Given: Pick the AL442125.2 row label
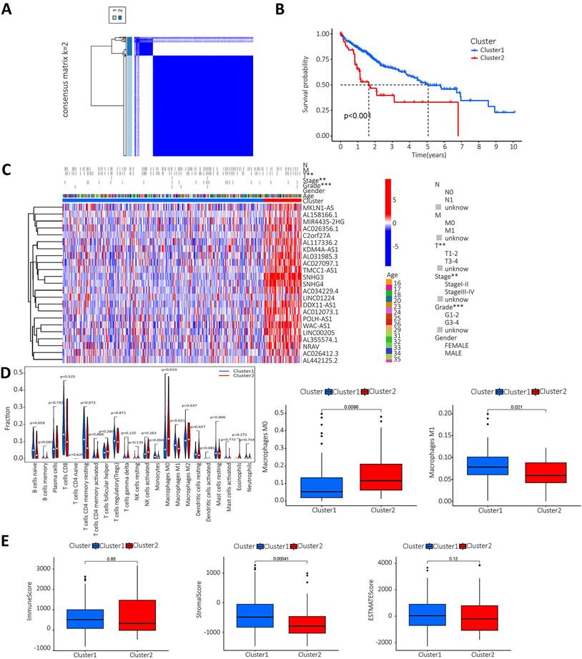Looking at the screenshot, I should (321, 360).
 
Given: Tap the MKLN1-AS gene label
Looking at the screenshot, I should (319, 207).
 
